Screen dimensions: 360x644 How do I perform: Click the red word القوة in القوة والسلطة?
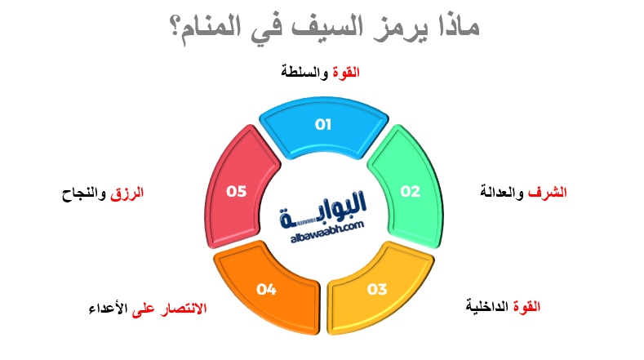pyautogui.click(x=346, y=73)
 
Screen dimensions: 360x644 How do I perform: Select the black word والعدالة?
pyautogui.click(x=503, y=193)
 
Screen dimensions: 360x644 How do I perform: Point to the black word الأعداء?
pyautogui.click(x=109, y=309)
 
